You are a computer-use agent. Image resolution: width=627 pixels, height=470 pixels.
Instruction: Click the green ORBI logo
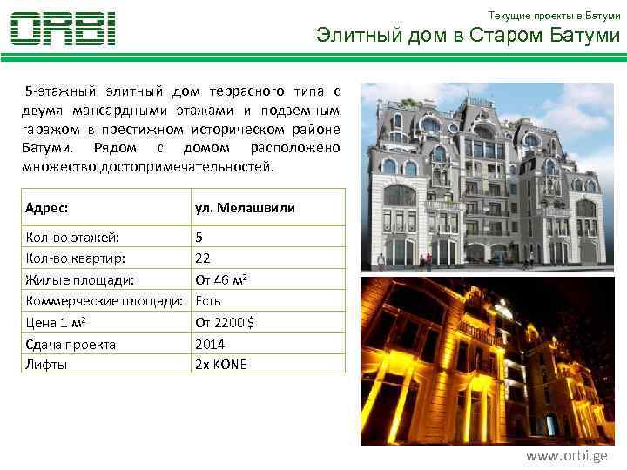pyautogui.click(x=63, y=29)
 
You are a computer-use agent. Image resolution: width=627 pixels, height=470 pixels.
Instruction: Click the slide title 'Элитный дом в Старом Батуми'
pyautogui.click(x=468, y=36)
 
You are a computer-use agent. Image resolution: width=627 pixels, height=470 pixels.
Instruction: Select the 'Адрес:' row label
pyautogui.click(x=48, y=208)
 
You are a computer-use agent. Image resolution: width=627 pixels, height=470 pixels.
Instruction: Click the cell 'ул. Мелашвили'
pyautogui.click(x=245, y=208)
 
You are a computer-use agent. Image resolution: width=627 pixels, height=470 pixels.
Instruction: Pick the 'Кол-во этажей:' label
pyautogui.click(x=73, y=237)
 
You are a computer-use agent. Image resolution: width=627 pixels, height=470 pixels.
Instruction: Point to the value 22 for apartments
pyautogui.click(x=203, y=258)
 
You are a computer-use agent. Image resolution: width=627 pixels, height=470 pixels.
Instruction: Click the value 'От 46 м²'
pyautogui.click(x=223, y=279)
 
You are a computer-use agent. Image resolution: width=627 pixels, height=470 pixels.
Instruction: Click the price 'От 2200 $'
pyautogui.click(x=225, y=322)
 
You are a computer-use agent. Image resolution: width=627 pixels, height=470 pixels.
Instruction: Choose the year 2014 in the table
pyautogui.click(x=209, y=344)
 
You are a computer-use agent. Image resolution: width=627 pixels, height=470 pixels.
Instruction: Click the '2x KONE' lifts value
pyautogui.click(x=220, y=364)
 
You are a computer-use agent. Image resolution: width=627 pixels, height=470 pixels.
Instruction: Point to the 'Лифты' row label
pyautogui.click(x=47, y=364)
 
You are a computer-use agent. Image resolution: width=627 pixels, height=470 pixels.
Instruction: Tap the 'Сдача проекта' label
pyautogui.click(x=71, y=344)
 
